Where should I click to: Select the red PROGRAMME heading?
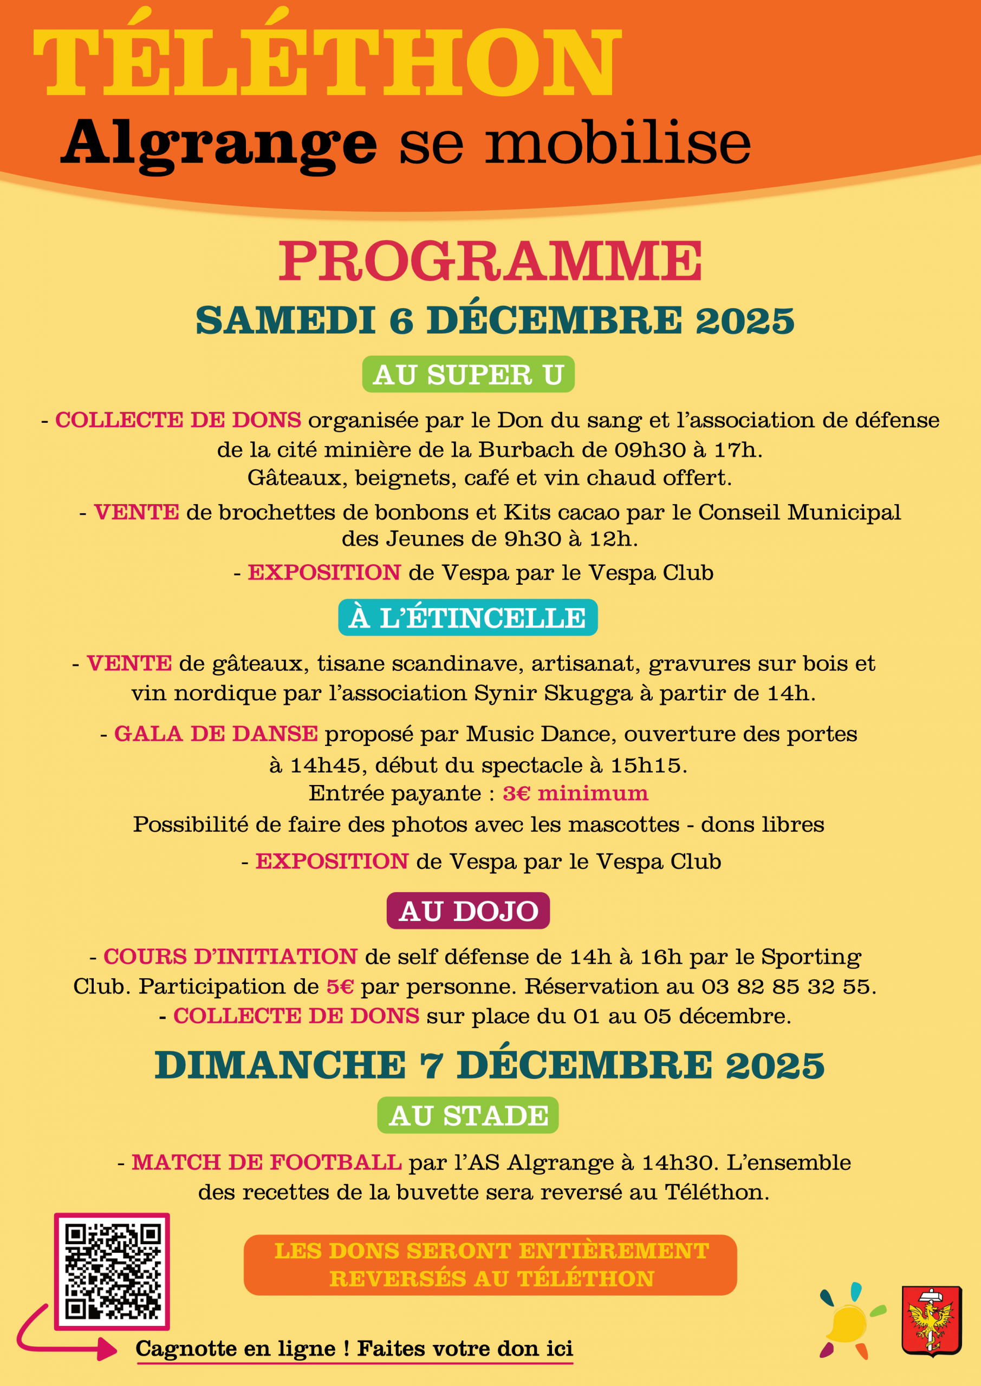[490, 261]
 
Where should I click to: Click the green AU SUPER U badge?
[468, 374]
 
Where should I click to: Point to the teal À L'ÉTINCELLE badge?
[467, 618]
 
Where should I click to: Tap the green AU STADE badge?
[468, 1115]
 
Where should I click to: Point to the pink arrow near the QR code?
[61, 1336]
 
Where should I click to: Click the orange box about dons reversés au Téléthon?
[490, 1265]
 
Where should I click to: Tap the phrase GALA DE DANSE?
[216, 734]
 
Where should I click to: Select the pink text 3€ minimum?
[575, 793]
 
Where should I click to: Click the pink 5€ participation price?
[340, 986]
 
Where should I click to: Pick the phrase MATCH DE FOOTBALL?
[267, 1162]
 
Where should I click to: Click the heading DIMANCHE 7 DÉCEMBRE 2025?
[490, 1065]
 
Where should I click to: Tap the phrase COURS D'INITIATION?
[230, 957]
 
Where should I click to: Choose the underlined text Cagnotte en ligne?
[236, 1349]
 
